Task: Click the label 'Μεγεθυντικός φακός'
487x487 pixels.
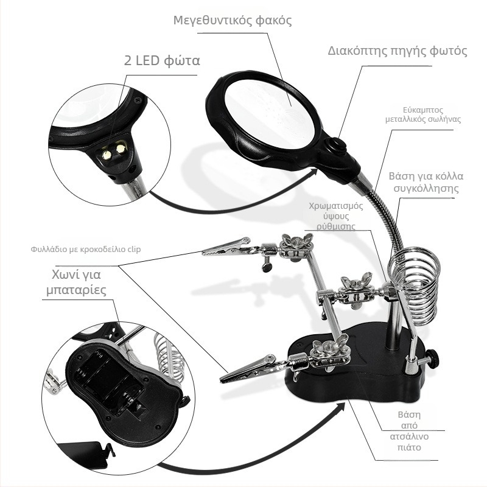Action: tap(233, 21)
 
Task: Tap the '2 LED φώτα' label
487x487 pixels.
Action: tap(162, 60)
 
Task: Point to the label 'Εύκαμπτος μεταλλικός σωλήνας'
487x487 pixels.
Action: tap(423, 114)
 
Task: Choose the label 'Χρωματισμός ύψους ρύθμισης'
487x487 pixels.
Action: tap(336, 216)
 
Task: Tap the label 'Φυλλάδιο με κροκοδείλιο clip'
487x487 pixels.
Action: tap(86, 249)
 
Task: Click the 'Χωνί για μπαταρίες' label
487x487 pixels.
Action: tap(77, 282)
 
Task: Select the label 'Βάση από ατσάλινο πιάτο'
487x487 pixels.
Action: tap(409, 431)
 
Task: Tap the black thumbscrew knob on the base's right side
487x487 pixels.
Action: tap(433, 357)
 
